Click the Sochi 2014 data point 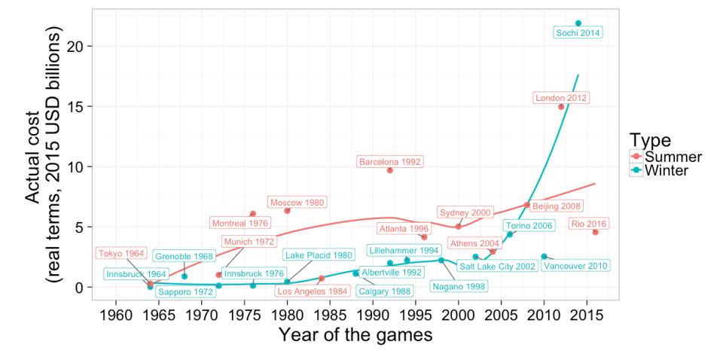coord(578,23)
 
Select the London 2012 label coord(561,98)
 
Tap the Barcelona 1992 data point coord(390,170)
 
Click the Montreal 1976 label coord(239,223)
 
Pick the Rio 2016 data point coord(595,232)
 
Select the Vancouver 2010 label coord(576,266)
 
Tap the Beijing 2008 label coord(557,206)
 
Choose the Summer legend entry coord(666,157)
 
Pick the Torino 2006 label coord(529,225)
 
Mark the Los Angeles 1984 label coord(311,291)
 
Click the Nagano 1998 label coord(459,286)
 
